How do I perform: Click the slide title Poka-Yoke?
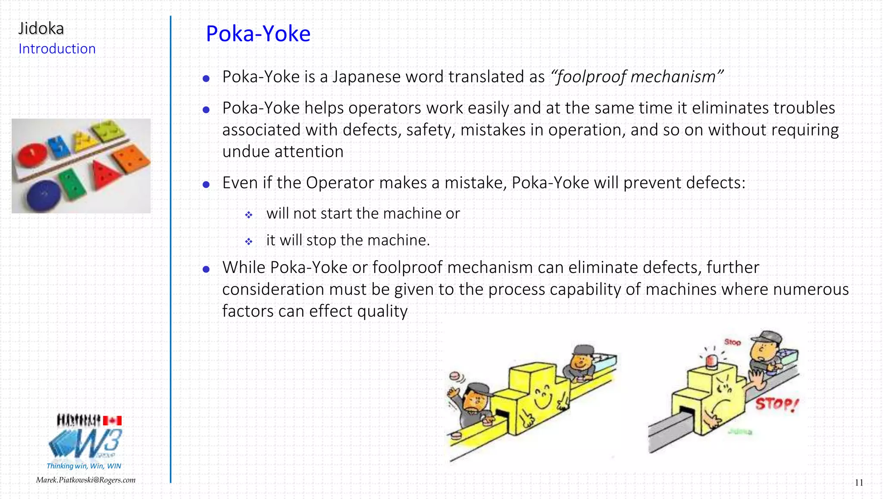tap(258, 34)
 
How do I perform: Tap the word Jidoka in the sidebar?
tap(41, 28)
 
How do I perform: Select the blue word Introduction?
tap(57, 49)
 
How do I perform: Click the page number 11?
tap(859, 483)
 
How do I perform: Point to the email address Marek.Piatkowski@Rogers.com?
tap(85, 480)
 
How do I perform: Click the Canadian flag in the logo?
tap(112, 421)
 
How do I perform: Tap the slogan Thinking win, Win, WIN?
tap(84, 466)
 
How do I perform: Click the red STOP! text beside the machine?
tap(777, 404)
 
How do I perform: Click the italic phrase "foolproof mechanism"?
tap(637, 77)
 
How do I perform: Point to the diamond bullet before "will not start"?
tap(249, 214)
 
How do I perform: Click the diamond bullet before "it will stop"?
tap(249, 242)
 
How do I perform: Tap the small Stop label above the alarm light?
tap(732, 342)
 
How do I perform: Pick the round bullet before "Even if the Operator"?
tap(206, 185)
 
